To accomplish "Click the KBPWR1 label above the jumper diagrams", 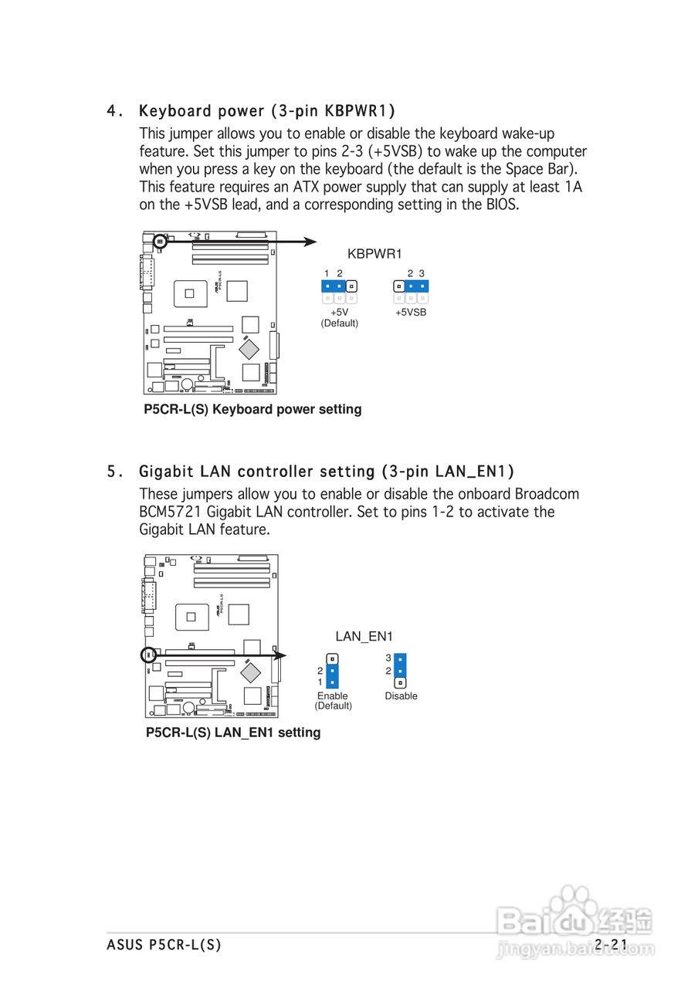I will [374, 254].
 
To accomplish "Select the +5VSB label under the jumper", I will [411, 313].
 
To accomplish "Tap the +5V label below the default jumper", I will [339, 312].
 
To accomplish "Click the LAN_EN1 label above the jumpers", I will [364, 637].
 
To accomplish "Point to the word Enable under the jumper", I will [333, 695].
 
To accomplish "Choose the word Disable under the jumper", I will [401, 695].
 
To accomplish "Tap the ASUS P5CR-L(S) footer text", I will [164, 944].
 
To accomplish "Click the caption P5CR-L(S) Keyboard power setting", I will [252, 409].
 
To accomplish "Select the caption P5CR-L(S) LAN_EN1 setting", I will [233, 732].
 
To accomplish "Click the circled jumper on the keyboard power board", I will [159, 242].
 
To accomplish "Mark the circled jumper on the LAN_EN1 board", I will [149, 655].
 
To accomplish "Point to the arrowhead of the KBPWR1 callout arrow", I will [310, 242].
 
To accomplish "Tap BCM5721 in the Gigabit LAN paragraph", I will [171, 512].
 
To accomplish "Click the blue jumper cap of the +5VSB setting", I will [417, 286].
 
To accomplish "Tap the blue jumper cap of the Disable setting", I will [400, 665].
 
